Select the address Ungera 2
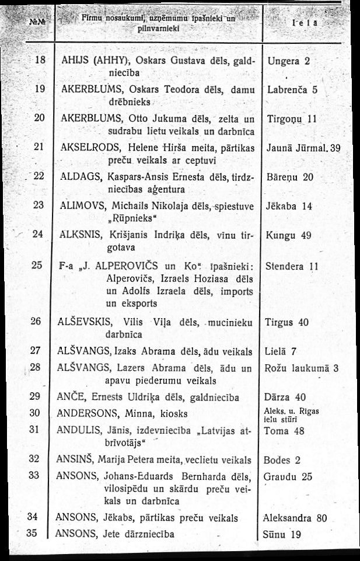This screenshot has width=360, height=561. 289,61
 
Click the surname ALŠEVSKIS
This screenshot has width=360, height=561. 85,322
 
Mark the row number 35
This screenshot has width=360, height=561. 33,533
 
